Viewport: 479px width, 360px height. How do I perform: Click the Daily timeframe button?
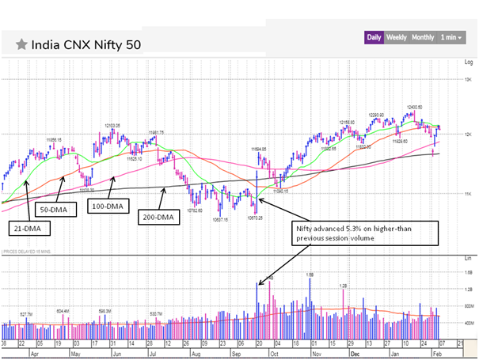click(374, 37)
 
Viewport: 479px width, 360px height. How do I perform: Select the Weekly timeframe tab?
click(396, 37)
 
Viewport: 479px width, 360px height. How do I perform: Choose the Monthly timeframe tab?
click(423, 37)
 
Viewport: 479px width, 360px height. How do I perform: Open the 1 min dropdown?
click(450, 37)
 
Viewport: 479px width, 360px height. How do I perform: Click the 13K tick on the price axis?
click(467, 80)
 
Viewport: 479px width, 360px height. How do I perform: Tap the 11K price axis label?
click(467, 194)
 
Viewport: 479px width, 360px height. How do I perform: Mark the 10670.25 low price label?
click(255, 218)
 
